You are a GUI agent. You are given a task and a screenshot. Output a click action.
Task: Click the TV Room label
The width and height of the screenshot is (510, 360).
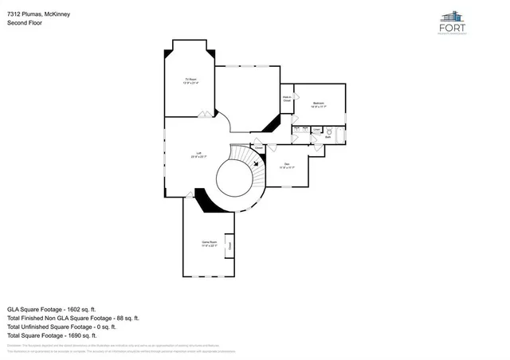pyautogui.click(x=190, y=80)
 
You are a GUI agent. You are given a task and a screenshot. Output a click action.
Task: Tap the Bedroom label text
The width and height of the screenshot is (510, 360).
pyautogui.click(x=319, y=104)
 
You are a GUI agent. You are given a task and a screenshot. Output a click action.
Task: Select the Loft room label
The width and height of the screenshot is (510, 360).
pyautogui.click(x=198, y=155)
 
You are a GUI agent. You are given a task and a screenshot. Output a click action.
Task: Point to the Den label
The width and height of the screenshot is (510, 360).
pyautogui.click(x=287, y=166)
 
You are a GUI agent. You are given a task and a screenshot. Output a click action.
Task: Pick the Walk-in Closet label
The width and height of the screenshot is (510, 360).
pyautogui.click(x=287, y=100)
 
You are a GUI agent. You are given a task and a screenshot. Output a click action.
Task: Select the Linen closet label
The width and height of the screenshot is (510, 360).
pyautogui.click(x=316, y=129)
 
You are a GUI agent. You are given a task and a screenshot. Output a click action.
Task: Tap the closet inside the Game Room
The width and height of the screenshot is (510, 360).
pyautogui.click(x=229, y=246)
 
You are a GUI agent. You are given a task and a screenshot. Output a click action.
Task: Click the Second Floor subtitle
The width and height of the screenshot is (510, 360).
pyautogui.click(x=25, y=24)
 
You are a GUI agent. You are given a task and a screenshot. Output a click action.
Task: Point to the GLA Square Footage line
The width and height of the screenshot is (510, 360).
pyautogui.click(x=52, y=308)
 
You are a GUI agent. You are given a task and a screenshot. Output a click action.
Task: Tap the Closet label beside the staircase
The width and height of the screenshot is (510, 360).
pyautogui.click(x=259, y=147)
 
